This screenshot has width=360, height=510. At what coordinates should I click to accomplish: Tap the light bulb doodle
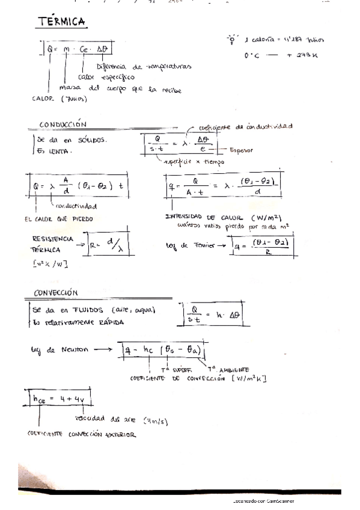[x=230, y=39]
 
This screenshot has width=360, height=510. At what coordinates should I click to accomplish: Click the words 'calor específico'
[x=106, y=77]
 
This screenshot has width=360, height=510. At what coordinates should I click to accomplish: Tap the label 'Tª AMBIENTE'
[x=228, y=369]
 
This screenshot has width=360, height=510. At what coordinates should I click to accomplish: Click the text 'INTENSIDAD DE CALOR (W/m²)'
[x=224, y=217]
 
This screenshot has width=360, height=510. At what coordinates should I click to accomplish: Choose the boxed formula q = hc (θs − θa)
[x=163, y=349]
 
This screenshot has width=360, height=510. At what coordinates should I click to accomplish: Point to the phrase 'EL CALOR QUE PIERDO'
[x=59, y=219]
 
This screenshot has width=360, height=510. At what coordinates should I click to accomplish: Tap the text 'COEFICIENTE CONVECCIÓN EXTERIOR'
[x=81, y=434]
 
